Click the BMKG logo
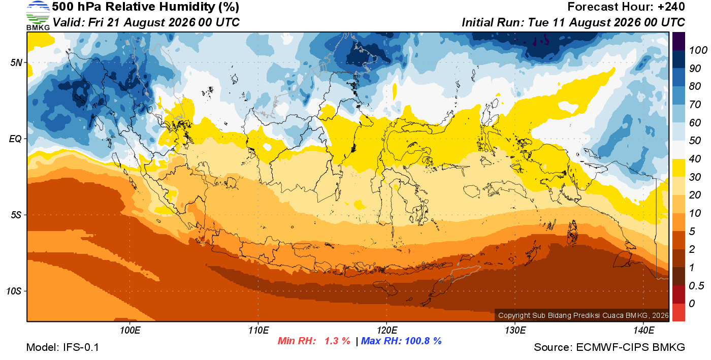[38, 15]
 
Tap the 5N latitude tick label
[16, 62]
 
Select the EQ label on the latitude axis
[16, 139]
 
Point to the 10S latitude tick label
[14, 291]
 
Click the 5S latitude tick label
[16, 215]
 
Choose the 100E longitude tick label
[130, 331]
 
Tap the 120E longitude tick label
[386, 331]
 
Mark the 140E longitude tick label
[643, 331]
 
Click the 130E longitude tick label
[515, 331]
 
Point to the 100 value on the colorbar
[698, 50]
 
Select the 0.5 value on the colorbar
[696, 286]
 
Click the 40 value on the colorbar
[695, 159]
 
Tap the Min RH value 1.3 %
[337, 341]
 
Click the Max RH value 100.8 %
[423, 341]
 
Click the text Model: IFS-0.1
[62, 347]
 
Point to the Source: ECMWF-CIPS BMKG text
[609, 347]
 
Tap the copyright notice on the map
[583, 315]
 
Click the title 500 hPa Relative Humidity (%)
[146, 7]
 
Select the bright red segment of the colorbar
[678, 312]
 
